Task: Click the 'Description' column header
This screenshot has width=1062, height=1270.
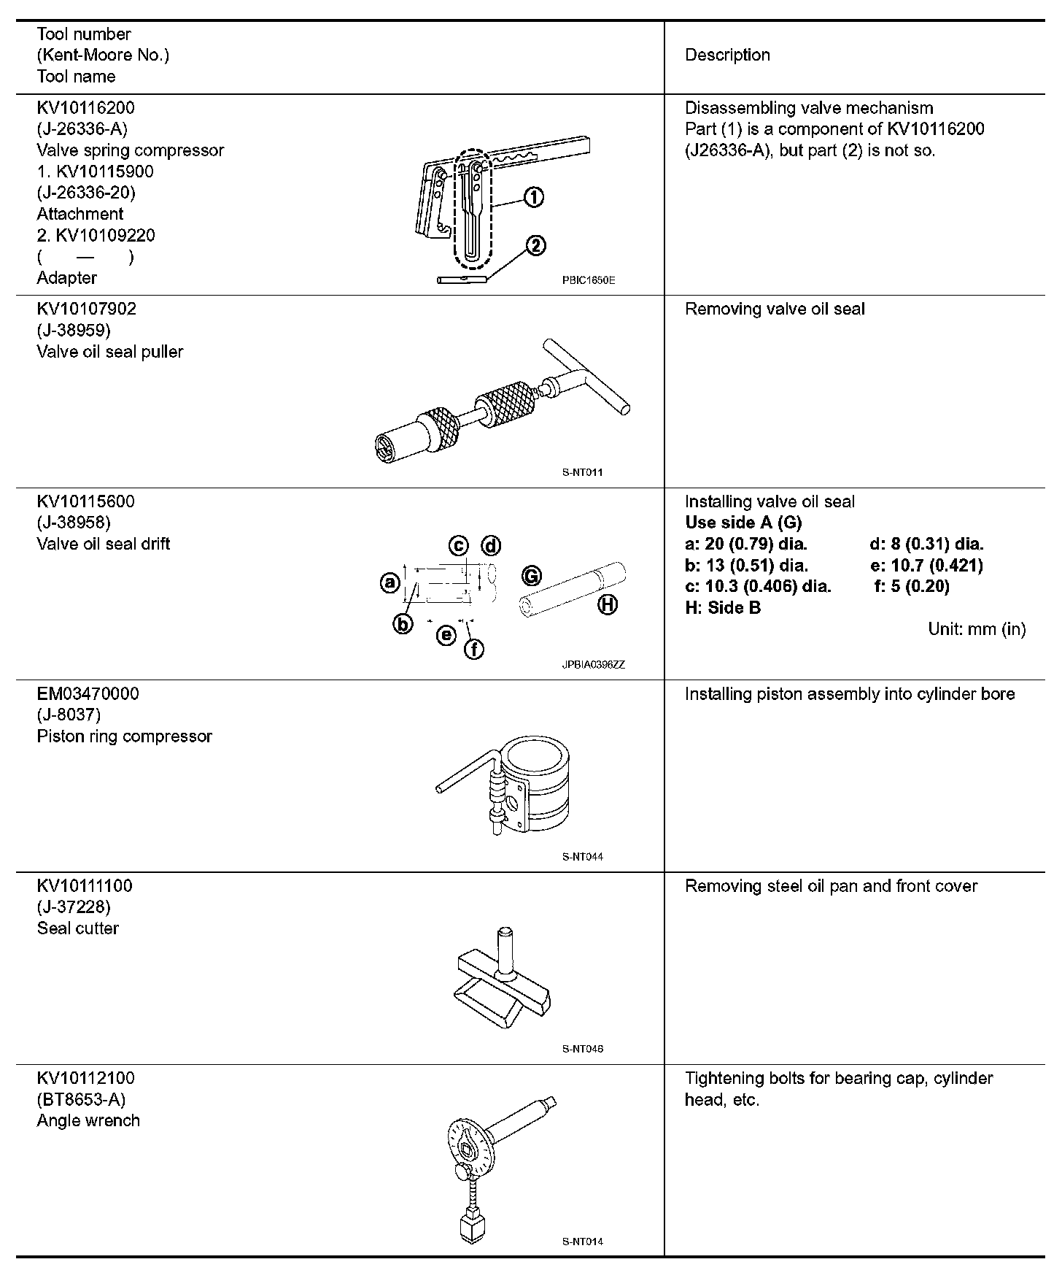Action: point(727,55)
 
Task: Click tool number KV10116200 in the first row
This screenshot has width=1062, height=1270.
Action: point(85,108)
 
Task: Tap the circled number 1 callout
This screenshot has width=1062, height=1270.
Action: point(534,197)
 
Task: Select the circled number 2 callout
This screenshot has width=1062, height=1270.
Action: point(535,246)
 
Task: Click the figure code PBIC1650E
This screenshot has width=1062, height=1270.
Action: point(588,280)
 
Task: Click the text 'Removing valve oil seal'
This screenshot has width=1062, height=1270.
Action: point(775,309)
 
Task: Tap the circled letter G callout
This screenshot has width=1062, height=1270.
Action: point(532,576)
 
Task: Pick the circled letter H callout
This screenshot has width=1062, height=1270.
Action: point(608,604)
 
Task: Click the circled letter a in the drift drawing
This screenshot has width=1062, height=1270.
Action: point(390,582)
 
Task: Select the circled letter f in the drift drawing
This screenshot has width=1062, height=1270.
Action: point(474,648)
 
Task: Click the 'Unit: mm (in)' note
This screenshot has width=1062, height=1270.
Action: point(977,629)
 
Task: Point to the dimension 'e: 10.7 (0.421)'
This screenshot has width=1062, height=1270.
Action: point(926,566)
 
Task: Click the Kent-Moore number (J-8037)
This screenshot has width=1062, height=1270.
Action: point(69,715)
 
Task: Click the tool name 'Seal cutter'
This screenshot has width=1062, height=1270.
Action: point(77,928)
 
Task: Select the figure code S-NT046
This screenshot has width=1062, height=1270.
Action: point(582,1049)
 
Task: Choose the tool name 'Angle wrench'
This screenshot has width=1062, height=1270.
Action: point(88,1120)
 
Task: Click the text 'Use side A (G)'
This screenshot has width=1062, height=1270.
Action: point(743,523)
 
